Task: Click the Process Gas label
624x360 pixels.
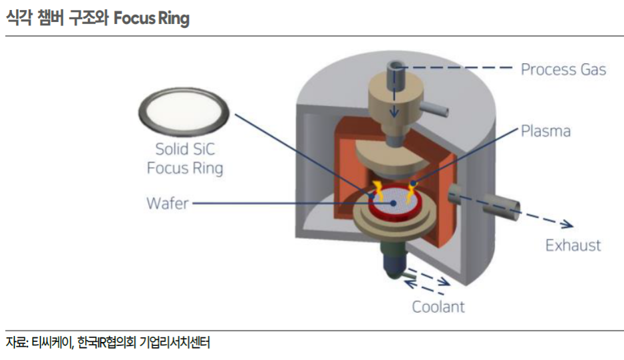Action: (x=563, y=69)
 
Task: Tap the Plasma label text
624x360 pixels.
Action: (x=546, y=131)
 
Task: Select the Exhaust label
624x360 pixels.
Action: (x=573, y=246)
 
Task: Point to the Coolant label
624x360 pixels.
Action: (x=438, y=307)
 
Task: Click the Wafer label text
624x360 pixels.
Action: (x=168, y=203)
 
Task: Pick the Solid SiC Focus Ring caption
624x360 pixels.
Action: (x=185, y=158)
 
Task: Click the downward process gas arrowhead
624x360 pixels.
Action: (x=394, y=112)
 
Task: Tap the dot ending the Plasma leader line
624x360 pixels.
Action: (x=413, y=184)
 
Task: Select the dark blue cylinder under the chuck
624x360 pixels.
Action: (x=394, y=264)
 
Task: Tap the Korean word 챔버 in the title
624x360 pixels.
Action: (x=50, y=18)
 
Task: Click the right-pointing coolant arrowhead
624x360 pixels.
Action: (x=445, y=282)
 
